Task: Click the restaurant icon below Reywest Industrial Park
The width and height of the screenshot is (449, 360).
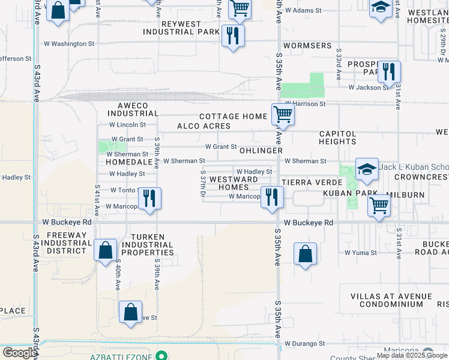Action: pos(233,36)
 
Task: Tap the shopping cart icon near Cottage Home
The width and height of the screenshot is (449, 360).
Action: pos(282,114)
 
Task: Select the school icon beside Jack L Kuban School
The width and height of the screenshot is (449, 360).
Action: pos(366,169)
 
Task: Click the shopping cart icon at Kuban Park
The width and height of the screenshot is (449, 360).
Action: pos(379,205)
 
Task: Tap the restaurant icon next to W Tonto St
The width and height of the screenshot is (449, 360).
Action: pos(149,198)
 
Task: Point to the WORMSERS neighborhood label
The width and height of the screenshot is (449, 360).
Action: pos(307,46)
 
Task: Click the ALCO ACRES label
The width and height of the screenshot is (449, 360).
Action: pos(203,126)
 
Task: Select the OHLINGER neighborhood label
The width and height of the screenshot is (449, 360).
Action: pos(261,151)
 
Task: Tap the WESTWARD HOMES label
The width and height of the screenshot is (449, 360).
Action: pos(234,183)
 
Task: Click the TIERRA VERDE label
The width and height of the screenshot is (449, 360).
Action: pos(304,182)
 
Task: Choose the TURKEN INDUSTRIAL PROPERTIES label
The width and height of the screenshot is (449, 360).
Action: pos(147,245)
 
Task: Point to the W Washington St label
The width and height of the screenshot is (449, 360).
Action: pos(70,44)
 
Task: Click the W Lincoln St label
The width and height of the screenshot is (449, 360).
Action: pos(127,125)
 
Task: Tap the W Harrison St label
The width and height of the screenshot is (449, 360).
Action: pos(305,104)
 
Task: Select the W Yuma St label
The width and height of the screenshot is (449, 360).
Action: pos(360,253)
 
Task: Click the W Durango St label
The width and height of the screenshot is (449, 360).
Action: pos(304,344)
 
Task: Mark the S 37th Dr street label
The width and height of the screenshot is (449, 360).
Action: pos(203,185)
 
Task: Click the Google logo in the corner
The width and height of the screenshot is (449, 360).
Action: pos(19,353)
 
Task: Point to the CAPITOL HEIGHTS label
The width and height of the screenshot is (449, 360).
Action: pos(338,137)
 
